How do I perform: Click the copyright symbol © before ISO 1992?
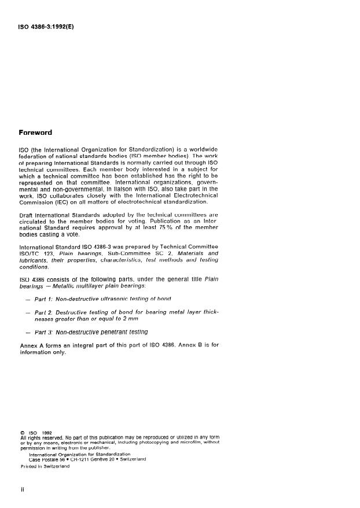[x=21, y=432]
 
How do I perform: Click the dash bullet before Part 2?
[x=29, y=312]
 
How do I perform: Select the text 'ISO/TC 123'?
[x=36, y=253]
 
